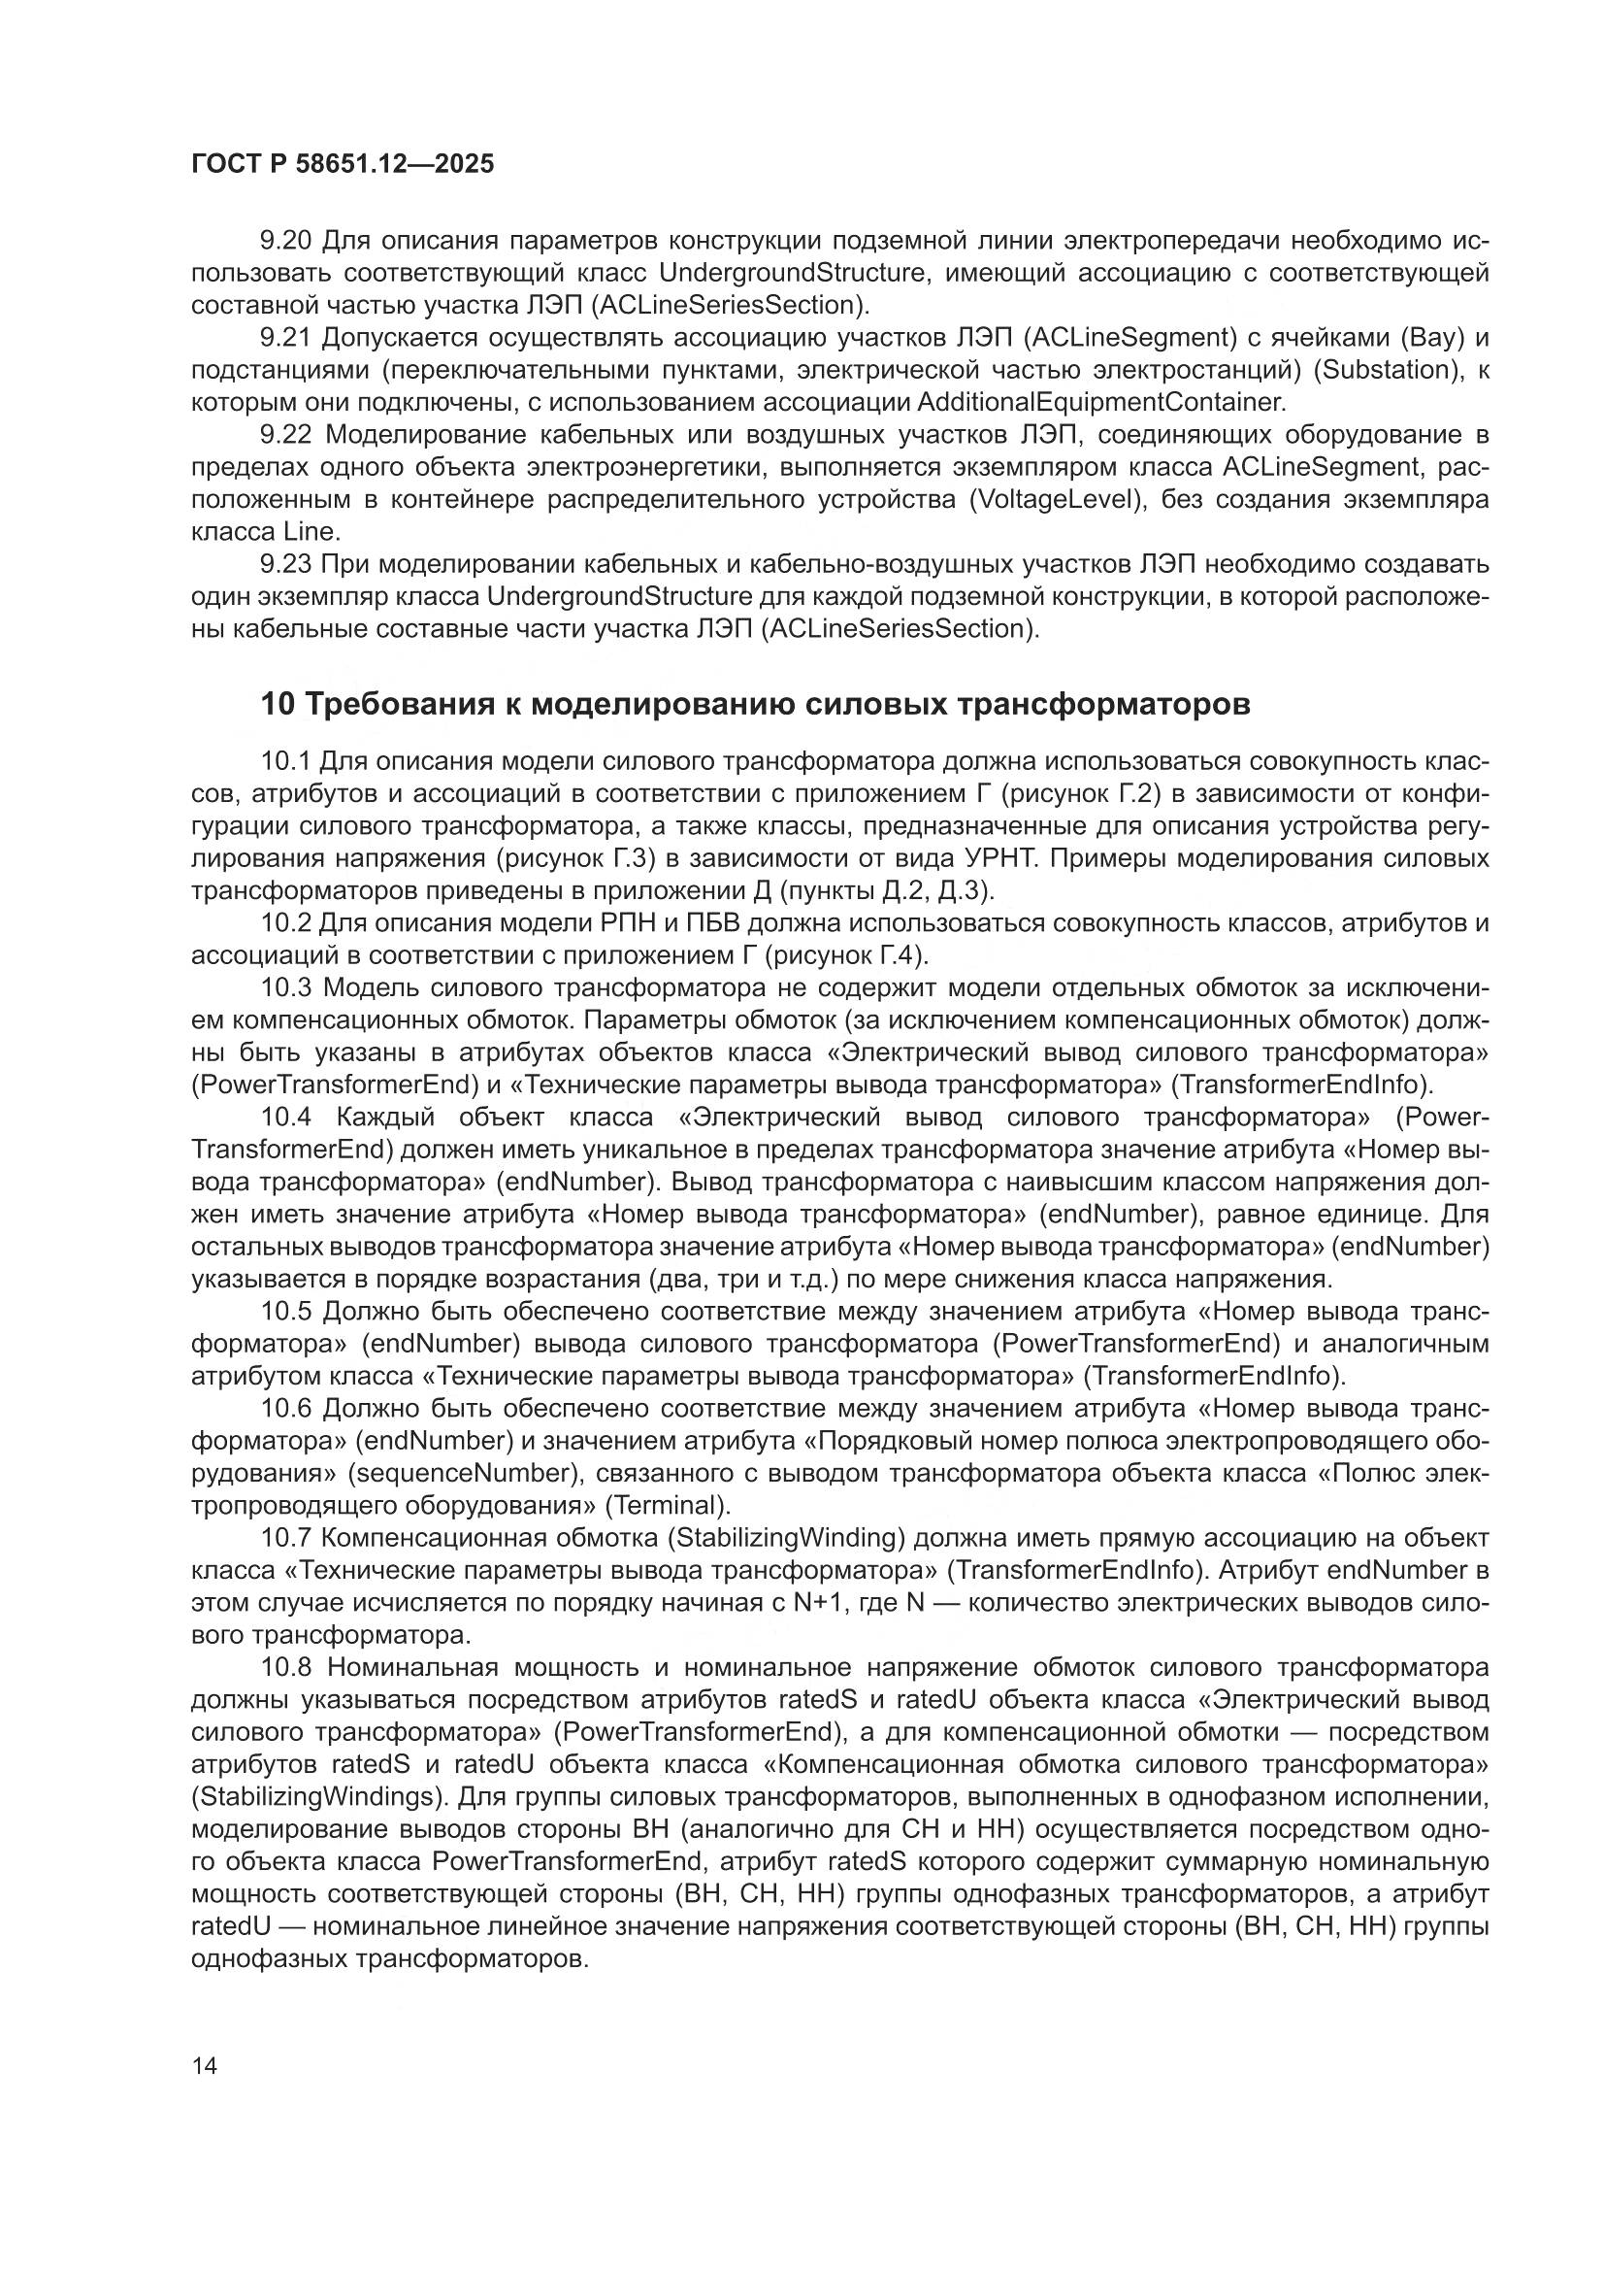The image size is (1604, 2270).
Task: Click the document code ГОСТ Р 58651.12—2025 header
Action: pyautogui.click(x=342, y=164)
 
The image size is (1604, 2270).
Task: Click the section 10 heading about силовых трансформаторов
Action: pyautogui.click(x=755, y=705)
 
